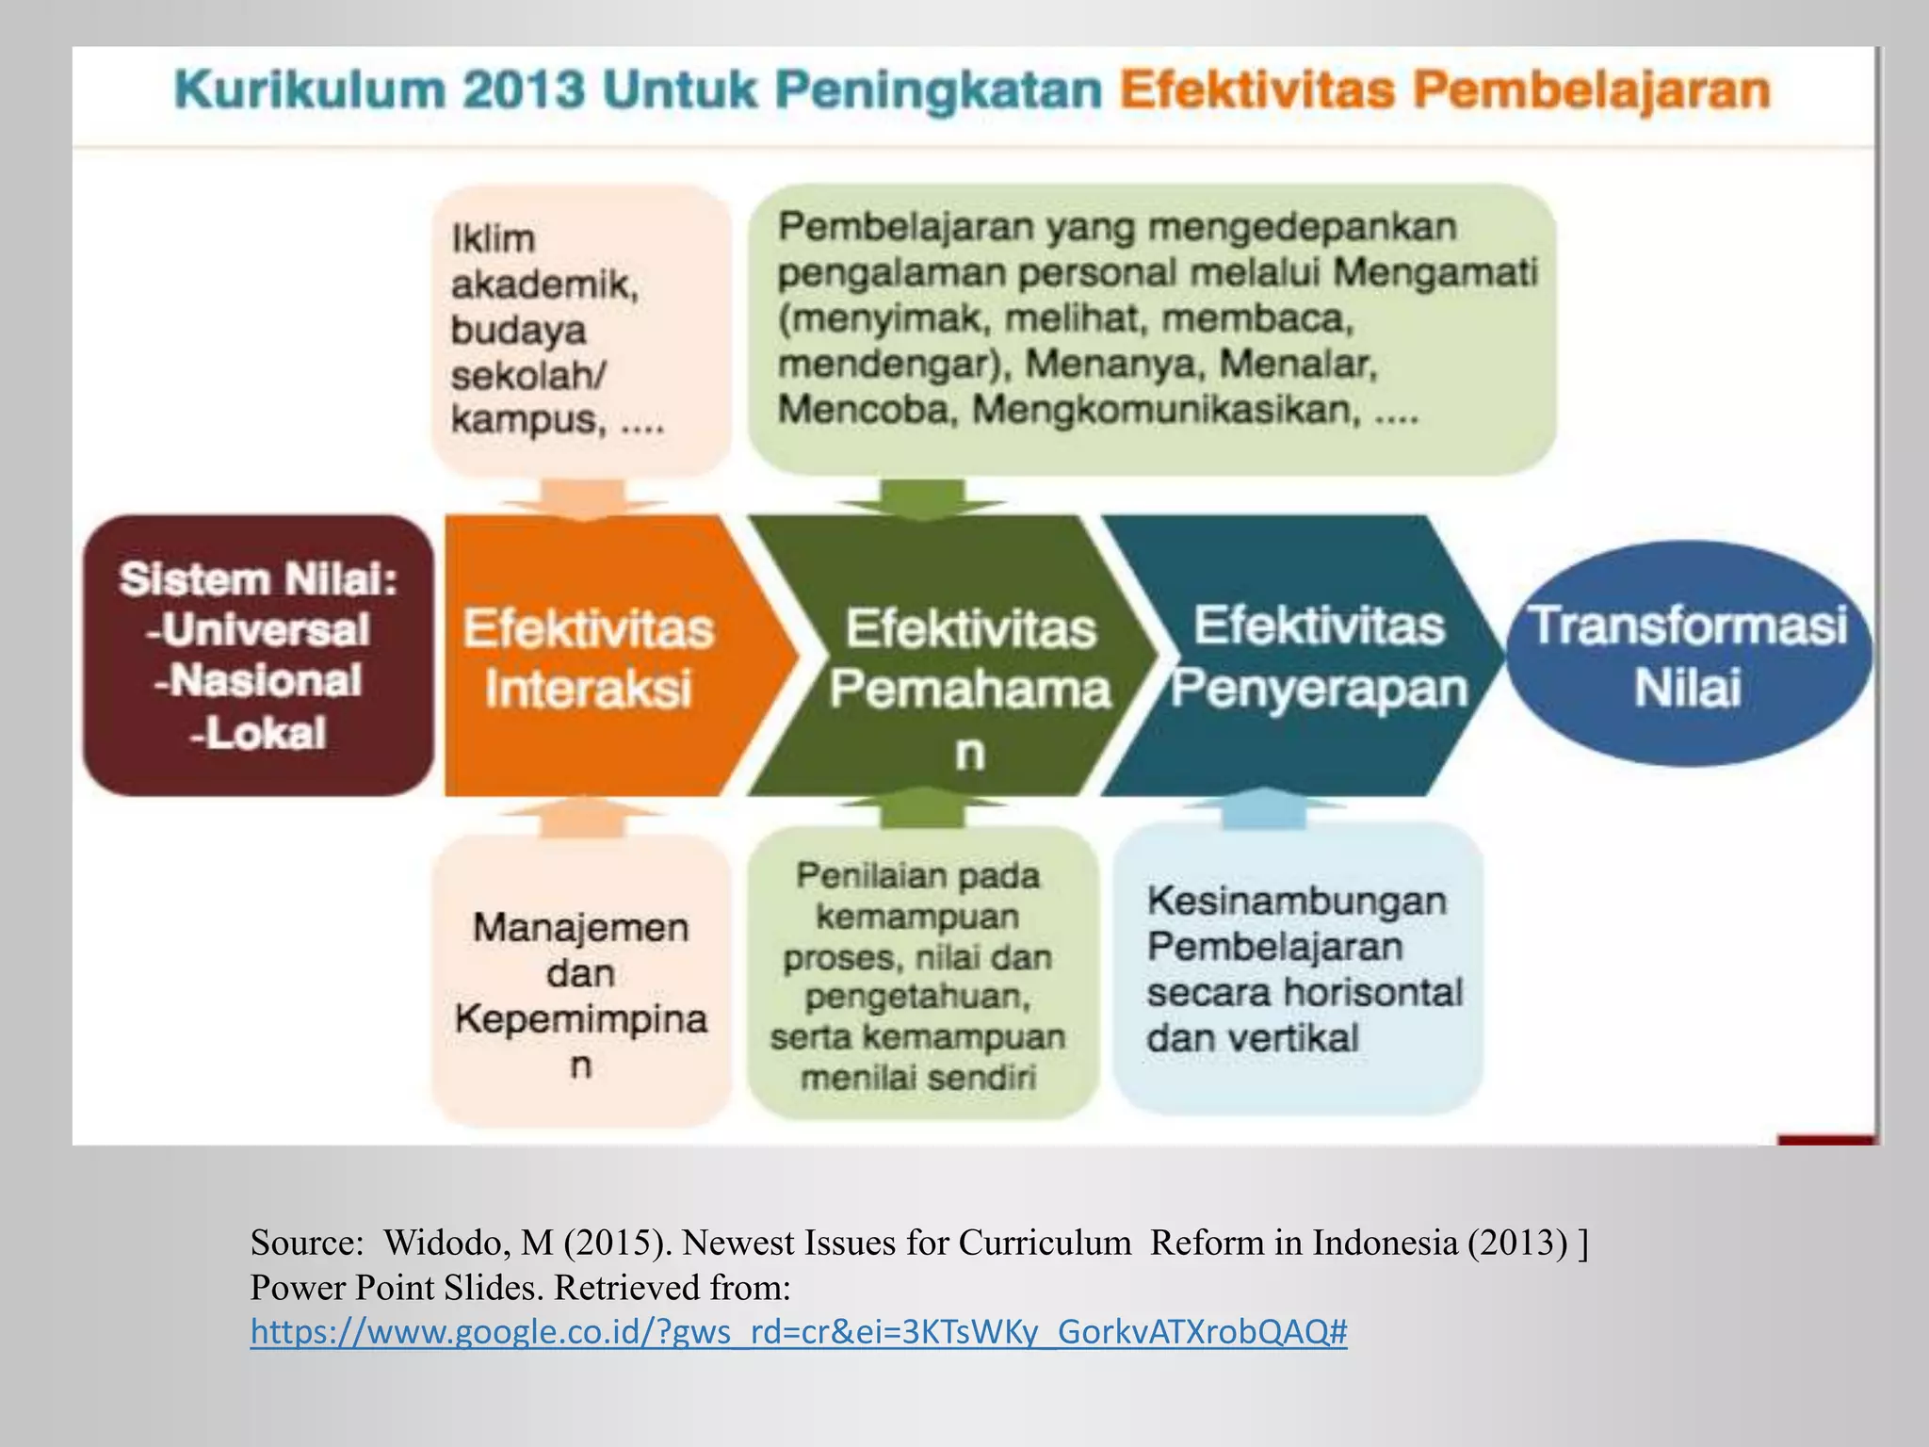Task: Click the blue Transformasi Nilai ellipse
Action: pos(1687,655)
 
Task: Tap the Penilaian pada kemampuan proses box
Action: pos(920,975)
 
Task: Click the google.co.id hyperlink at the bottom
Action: pos(798,1332)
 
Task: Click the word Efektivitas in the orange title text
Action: pos(1256,91)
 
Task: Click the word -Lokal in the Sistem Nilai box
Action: pos(258,733)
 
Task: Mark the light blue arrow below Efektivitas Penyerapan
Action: pos(1263,809)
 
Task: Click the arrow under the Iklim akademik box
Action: pos(584,497)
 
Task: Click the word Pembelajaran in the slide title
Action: pos(1592,91)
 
